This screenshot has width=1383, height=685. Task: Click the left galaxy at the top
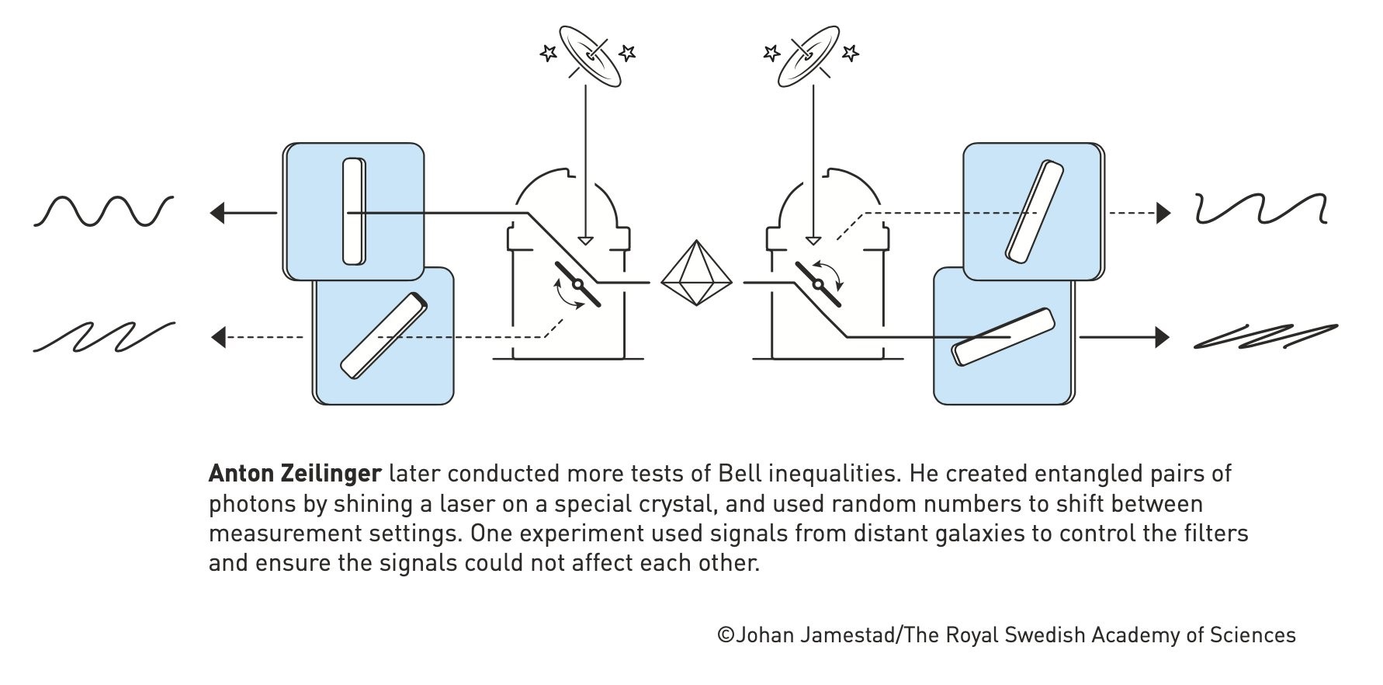(591, 55)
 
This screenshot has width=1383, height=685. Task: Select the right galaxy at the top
(809, 55)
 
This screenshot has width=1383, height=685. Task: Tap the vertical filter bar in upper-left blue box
(354, 211)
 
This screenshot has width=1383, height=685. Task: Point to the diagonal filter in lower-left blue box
(384, 336)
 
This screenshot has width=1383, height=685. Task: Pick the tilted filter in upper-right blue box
(1034, 211)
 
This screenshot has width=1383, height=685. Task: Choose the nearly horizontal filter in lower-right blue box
(1003, 336)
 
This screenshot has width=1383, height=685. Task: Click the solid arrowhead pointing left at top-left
(218, 212)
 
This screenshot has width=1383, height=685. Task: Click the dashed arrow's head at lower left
(218, 337)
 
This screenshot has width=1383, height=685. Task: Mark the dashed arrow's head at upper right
(1163, 213)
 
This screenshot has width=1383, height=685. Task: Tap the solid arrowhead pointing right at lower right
(1162, 337)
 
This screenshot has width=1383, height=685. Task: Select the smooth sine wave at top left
(103, 211)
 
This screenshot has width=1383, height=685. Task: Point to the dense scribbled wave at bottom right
(1265, 336)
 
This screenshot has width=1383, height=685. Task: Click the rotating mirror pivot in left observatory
(577, 284)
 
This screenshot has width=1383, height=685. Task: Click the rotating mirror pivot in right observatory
(817, 284)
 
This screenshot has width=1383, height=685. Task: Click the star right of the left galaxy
(628, 53)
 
